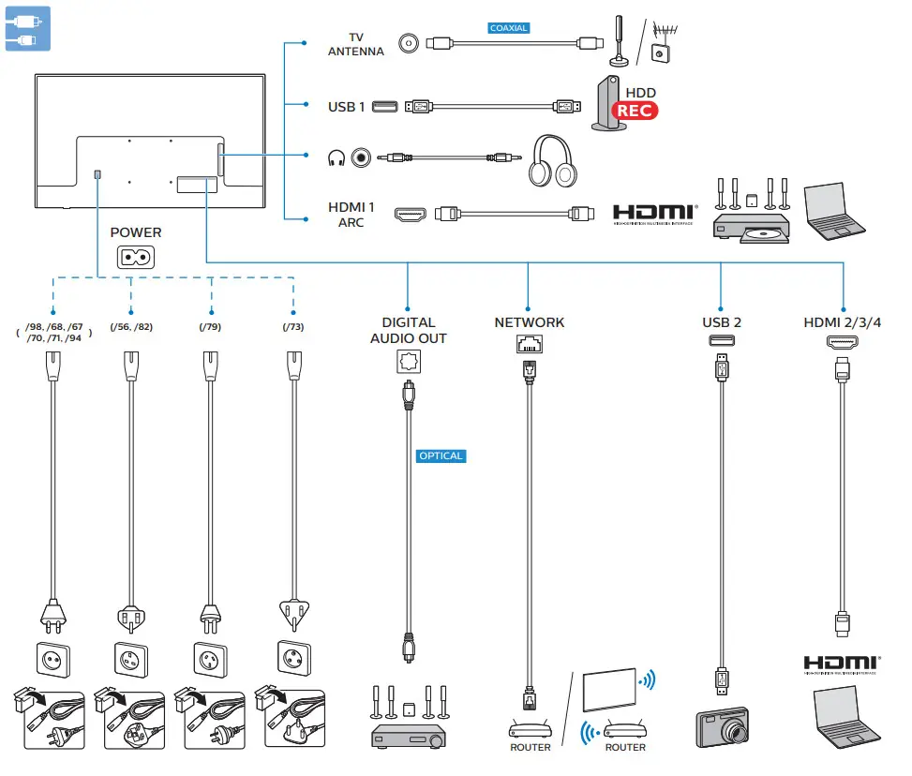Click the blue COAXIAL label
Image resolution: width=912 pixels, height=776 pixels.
point(508,28)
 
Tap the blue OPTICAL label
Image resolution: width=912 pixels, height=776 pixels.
point(441,456)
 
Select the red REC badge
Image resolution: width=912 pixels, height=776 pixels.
point(634,111)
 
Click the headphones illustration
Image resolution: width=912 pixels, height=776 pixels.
point(552,161)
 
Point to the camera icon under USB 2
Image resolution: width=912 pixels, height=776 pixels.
point(722,727)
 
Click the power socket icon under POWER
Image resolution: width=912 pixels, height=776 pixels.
point(136,257)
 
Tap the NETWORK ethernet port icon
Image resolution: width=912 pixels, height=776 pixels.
point(530,344)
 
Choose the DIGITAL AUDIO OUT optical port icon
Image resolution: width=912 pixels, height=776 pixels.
point(409,361)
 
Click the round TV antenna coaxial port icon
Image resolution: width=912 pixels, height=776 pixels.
point(409,44)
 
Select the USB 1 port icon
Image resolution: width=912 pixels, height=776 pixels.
point(384,107)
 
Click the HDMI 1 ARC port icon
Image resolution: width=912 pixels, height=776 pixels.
point(410,215)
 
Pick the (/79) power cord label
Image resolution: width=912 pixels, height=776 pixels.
point(210,327)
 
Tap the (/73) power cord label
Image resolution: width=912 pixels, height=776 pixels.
point(293,327)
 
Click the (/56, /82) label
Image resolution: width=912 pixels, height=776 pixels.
point(131,327)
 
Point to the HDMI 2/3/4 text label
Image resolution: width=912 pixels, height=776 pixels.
point(843,322)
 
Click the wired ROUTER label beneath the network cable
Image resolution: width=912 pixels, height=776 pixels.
point(530,748)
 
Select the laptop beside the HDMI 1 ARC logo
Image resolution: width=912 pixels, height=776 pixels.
point(834,211)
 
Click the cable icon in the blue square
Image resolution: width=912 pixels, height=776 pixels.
point(27,28)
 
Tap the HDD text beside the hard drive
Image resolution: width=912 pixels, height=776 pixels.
point(640,93)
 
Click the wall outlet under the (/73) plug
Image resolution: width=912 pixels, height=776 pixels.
point(294,658)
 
